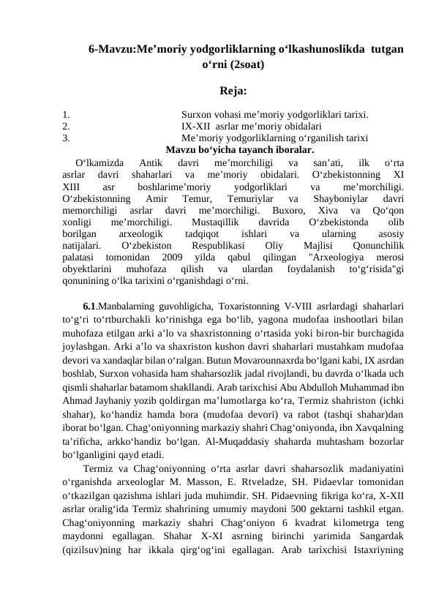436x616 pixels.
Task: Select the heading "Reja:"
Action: point(233,92)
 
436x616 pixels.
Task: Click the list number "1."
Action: point(66,114)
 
